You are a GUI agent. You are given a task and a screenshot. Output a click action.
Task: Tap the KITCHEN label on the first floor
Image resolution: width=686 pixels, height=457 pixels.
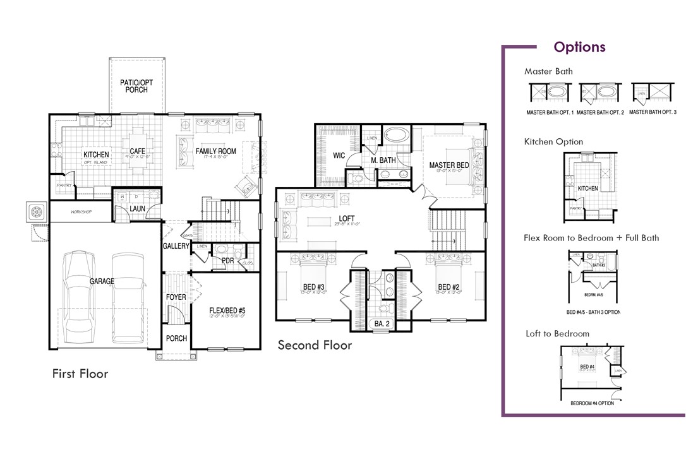(x=96, y=155)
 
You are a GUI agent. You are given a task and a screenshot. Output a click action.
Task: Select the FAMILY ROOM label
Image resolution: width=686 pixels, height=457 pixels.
(x=215, y=151)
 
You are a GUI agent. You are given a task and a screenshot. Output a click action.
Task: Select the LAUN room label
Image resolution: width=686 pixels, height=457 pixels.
(x=138, y=209)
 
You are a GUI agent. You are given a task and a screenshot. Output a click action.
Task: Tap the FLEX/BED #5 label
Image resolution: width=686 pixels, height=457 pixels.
(x=227, y=311)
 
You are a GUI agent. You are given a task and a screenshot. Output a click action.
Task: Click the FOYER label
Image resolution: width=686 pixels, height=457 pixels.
(x=176, y=297)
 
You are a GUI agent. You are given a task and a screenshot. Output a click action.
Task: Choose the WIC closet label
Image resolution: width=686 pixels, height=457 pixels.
(x=339, y=155)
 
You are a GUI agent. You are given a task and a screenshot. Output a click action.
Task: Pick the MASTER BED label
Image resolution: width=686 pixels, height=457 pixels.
(x=449, y=165)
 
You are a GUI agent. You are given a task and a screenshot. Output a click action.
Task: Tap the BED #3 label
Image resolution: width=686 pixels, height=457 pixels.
(x=313, y=288)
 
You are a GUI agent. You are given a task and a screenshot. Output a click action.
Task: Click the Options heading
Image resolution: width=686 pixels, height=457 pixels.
(x=579, y=47)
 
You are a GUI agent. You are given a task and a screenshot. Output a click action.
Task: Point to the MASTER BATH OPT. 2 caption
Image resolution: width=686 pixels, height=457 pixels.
(x=600, y=112)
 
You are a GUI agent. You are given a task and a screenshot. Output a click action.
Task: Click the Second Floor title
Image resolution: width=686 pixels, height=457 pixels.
(x=315, y=345)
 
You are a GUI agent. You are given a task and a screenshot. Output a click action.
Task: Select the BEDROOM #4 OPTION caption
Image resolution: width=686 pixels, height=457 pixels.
(x=592, y=403)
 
